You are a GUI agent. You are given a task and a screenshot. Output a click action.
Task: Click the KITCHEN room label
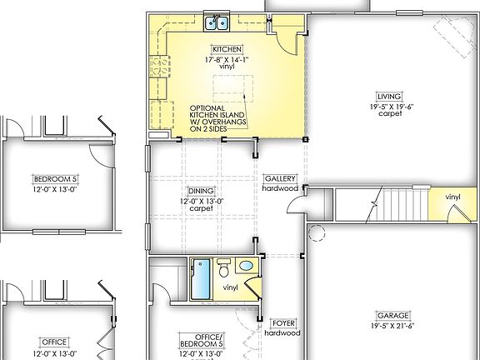[x=227, y=49]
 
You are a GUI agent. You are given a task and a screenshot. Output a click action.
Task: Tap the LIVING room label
[x=389, y=96]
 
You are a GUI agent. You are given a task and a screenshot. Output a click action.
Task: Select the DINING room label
[x=200, y=191]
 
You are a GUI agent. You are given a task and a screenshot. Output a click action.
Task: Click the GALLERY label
[x=279, y=179]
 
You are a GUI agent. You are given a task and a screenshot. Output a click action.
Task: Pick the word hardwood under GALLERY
[x=279, y=188]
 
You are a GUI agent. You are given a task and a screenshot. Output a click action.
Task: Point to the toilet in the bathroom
[x=223, y=268]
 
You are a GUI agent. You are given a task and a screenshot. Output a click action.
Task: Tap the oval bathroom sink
[x=246, y=266]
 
